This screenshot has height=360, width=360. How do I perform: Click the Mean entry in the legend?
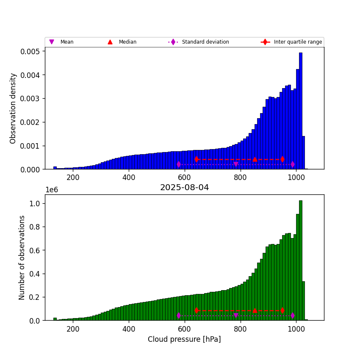66,42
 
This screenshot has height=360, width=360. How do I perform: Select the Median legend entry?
127,42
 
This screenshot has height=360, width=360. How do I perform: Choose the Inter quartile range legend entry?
298,42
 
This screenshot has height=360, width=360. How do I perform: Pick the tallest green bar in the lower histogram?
301,260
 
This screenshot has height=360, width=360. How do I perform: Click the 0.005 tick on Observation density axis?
31,51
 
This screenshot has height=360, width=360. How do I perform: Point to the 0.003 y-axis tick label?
31,99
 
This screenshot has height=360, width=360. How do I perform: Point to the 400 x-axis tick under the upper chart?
129,177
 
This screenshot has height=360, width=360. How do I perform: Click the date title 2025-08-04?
184,188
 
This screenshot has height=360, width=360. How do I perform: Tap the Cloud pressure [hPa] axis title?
184,339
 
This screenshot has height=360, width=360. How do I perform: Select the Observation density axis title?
13,108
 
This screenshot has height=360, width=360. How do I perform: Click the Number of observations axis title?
22,258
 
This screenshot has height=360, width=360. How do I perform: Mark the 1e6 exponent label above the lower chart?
51,190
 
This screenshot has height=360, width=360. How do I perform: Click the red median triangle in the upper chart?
255,159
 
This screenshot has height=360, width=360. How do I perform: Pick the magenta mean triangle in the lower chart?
236,316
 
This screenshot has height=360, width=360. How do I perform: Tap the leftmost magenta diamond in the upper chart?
179,164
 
